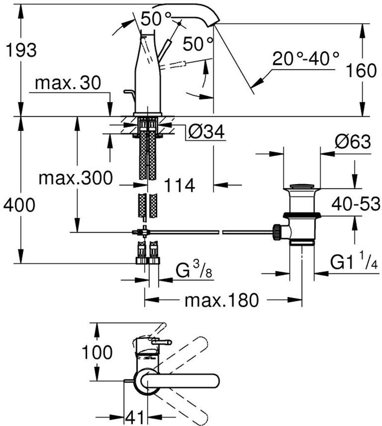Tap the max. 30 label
tap(68, 84)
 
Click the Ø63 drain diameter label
tap(352, 143)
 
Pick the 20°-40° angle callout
tap(306, 59)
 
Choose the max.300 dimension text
tap(75, 178)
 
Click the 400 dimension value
tap(19, 205)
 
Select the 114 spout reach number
tap(180, 186)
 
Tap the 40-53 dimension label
tap(355, 204)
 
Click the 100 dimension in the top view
tap(96, 353)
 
